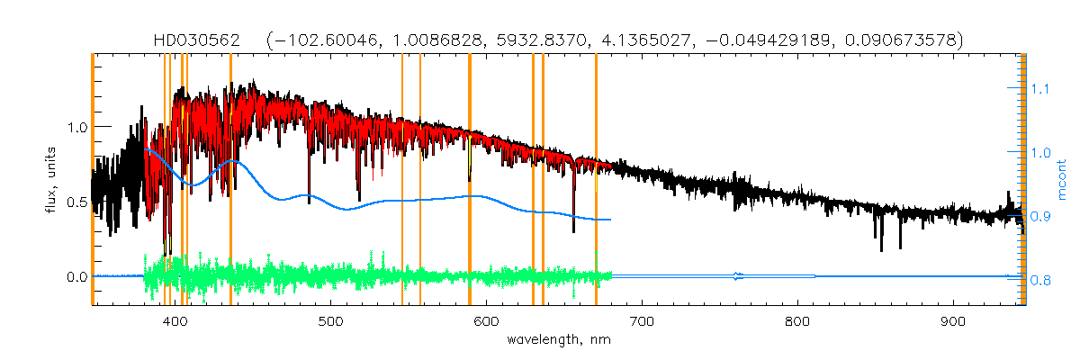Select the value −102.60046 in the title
coord(328,40)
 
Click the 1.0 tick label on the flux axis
coord(77,127)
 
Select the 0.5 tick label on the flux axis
coord(77,202)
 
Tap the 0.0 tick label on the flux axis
coord(77,276)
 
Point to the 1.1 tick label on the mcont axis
coord(1040,89)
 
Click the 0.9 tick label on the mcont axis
coord(1040,217)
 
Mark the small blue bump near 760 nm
coord(738,275)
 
